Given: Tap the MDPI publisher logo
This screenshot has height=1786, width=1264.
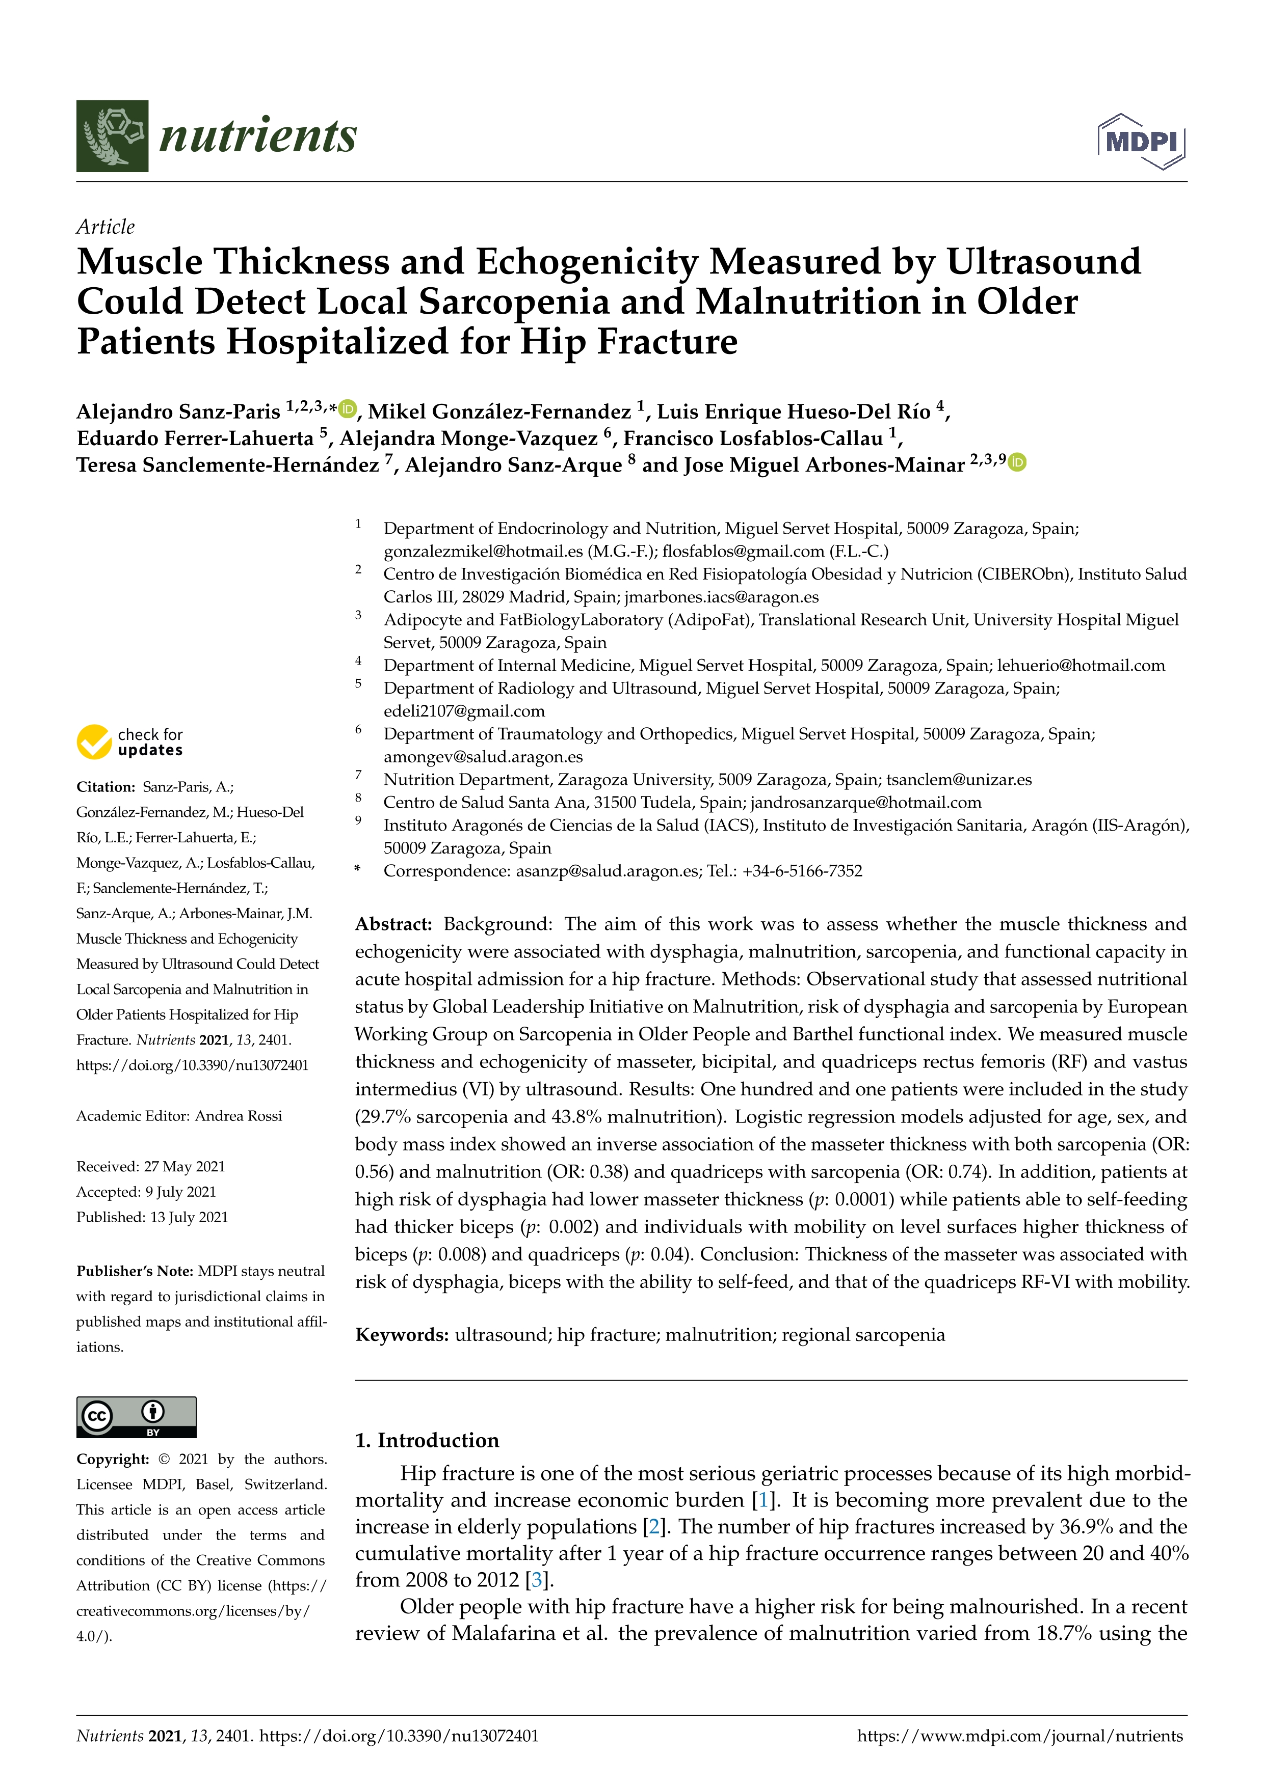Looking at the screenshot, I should pyautogui.click(x=1141, y=142).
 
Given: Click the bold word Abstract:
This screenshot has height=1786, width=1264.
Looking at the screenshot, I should pyautogui.click(x=393, y=924).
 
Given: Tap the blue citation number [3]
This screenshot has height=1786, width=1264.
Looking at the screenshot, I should pyautogui.click(x=536, y=1579).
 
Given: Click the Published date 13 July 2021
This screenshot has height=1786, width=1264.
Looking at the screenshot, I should pyautogui.click(x=189, y=1217).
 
